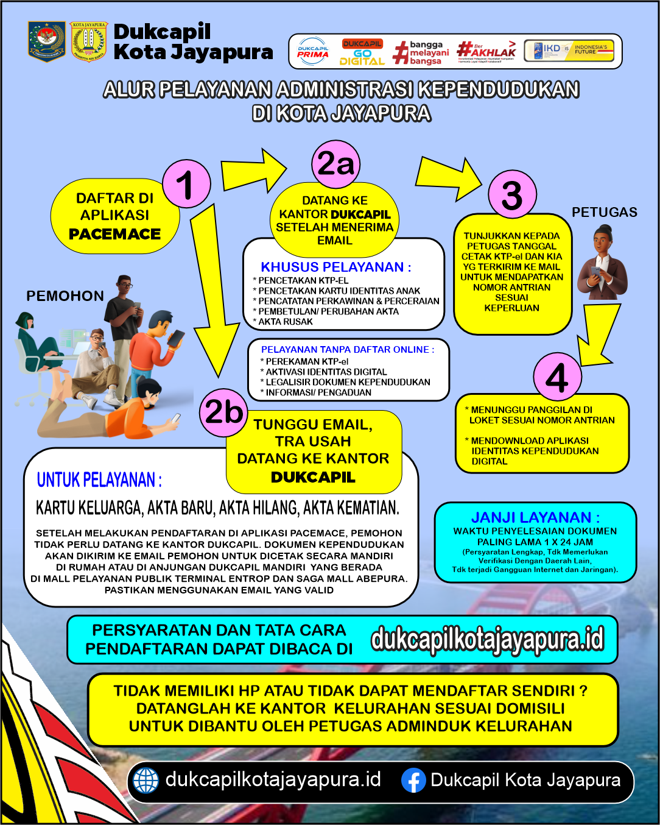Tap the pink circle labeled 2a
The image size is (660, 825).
(335, 163)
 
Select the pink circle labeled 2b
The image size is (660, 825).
(223, 412)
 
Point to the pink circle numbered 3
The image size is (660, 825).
(512, 194)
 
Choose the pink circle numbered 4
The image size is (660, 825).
(557, 377)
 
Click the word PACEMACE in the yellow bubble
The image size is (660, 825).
(114, 234)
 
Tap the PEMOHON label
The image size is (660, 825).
(65, 296)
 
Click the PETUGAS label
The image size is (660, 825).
(604, 212)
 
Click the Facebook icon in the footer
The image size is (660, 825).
(413, 781)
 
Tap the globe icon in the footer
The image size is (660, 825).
(146, 781)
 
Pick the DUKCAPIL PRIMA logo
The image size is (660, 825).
(313, 52)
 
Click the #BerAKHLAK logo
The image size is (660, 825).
(486, 51)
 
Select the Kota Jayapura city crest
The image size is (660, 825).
(90, 41)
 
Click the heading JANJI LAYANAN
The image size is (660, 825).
(535, 517)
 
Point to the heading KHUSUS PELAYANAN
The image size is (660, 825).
(335, 267)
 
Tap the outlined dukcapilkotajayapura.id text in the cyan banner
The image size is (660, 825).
(487, 639)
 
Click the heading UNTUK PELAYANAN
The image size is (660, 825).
(99, 480)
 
